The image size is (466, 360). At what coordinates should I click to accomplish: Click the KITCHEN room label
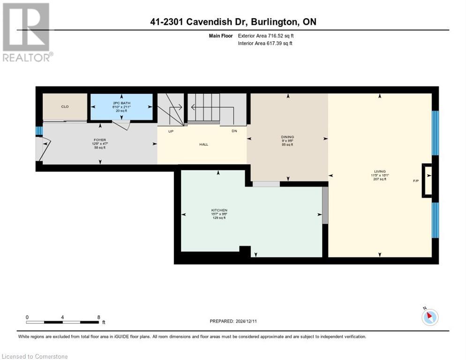tap(219, 210)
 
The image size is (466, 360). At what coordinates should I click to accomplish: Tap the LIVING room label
tap(380, 172)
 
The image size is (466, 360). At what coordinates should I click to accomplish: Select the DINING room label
tap(287, 137)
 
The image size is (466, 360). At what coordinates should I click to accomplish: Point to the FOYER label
tap(99, 140)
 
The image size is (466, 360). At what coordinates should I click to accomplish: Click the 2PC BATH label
tap(121, 103)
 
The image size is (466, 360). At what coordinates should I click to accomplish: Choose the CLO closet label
tap(65, 107)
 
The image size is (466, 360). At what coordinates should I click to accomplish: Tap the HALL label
tap(203, 144)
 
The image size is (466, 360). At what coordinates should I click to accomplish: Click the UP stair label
tap(171, 131)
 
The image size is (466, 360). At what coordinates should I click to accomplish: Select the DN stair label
tap(234, 131)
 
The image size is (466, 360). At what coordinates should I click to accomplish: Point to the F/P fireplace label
tap(415, 180)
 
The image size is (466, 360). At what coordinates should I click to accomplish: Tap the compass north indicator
tap(430, 317)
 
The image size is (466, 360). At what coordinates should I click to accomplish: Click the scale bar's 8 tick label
tap(98, 317)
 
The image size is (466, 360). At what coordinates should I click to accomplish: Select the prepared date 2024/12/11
tap(233, 321)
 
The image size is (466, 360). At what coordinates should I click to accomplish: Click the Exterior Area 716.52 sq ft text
tap(266, 36)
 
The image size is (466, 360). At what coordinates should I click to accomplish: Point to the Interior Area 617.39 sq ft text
tap(265, 43)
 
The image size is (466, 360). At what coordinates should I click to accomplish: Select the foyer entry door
tap(43, 149)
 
